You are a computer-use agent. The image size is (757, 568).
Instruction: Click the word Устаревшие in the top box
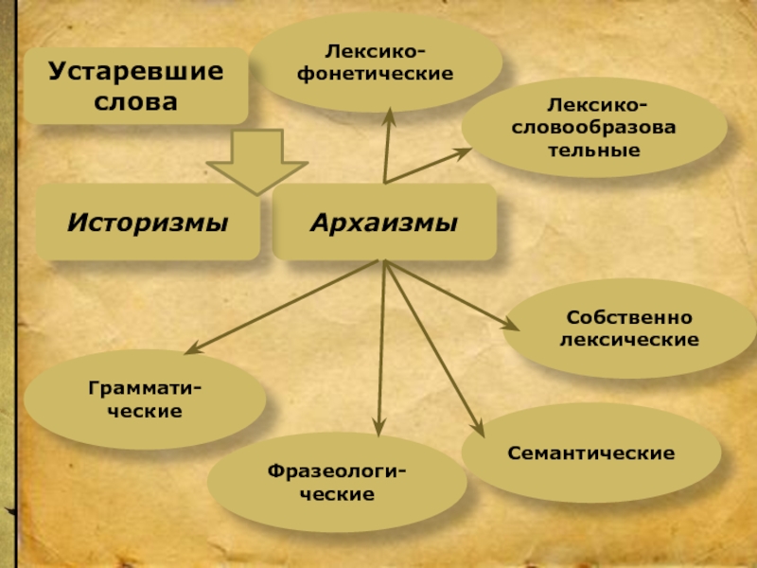[x=136, y=72]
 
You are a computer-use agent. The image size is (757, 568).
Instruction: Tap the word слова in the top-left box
[x=136, y=100]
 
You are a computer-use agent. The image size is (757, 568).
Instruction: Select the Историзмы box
[x=148, y=223]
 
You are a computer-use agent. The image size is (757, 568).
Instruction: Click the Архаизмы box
[x=384, y=223]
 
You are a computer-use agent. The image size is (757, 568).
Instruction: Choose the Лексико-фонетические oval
[x=378, y=62]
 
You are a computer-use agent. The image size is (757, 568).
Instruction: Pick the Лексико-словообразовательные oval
[x=595, y=127]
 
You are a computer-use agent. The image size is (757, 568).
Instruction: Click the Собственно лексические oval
[x=629, y=328]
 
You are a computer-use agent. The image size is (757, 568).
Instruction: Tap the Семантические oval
[x=591, y=453]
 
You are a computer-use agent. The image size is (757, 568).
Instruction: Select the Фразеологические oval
[x=337, y=484]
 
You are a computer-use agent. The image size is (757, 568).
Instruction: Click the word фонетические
[x=376, y=73]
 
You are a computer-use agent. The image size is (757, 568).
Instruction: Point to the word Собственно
[x=629, y=318]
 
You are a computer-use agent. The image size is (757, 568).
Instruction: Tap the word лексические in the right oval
[x=629, y=339]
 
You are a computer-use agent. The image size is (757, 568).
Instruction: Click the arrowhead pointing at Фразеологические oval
[x=378, y=429]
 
